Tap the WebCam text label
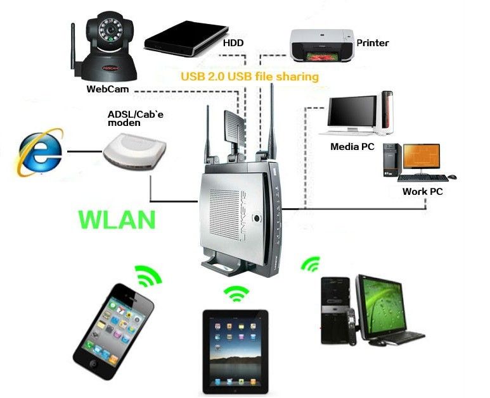(x=107, y=89)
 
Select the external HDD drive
(x=186, y=37)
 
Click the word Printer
(x=372, y=43)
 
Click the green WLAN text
(x=117, y=219)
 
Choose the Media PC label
(x=352, y=146)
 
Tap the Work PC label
(x=422, y=191)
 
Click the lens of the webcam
(x=110, y=32)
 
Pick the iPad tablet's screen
(x=235, y=351)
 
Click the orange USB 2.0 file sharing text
(x=249, y=77)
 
